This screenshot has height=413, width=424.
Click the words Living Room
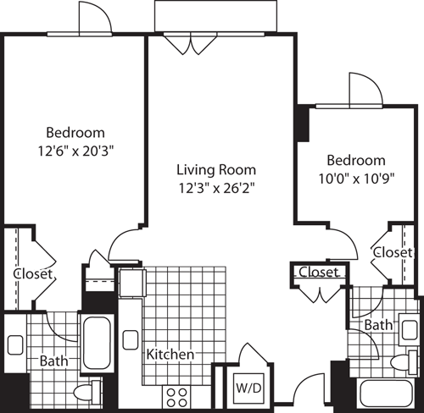(210, 168)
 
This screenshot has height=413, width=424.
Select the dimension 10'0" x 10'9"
(356, 178)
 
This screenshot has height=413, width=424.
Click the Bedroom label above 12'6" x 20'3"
(75, 132)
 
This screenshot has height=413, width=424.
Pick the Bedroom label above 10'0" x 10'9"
(356, 160)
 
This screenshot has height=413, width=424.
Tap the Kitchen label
(170, 354)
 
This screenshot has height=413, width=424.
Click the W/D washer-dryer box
(247, 388)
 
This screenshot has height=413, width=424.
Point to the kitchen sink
(131, 340)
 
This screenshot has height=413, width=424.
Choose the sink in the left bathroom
(15, 345)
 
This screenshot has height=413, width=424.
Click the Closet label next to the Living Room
(319, 273)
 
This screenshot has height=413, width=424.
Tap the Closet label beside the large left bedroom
(33, 274)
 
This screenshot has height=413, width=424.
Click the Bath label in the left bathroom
(53, 361)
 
